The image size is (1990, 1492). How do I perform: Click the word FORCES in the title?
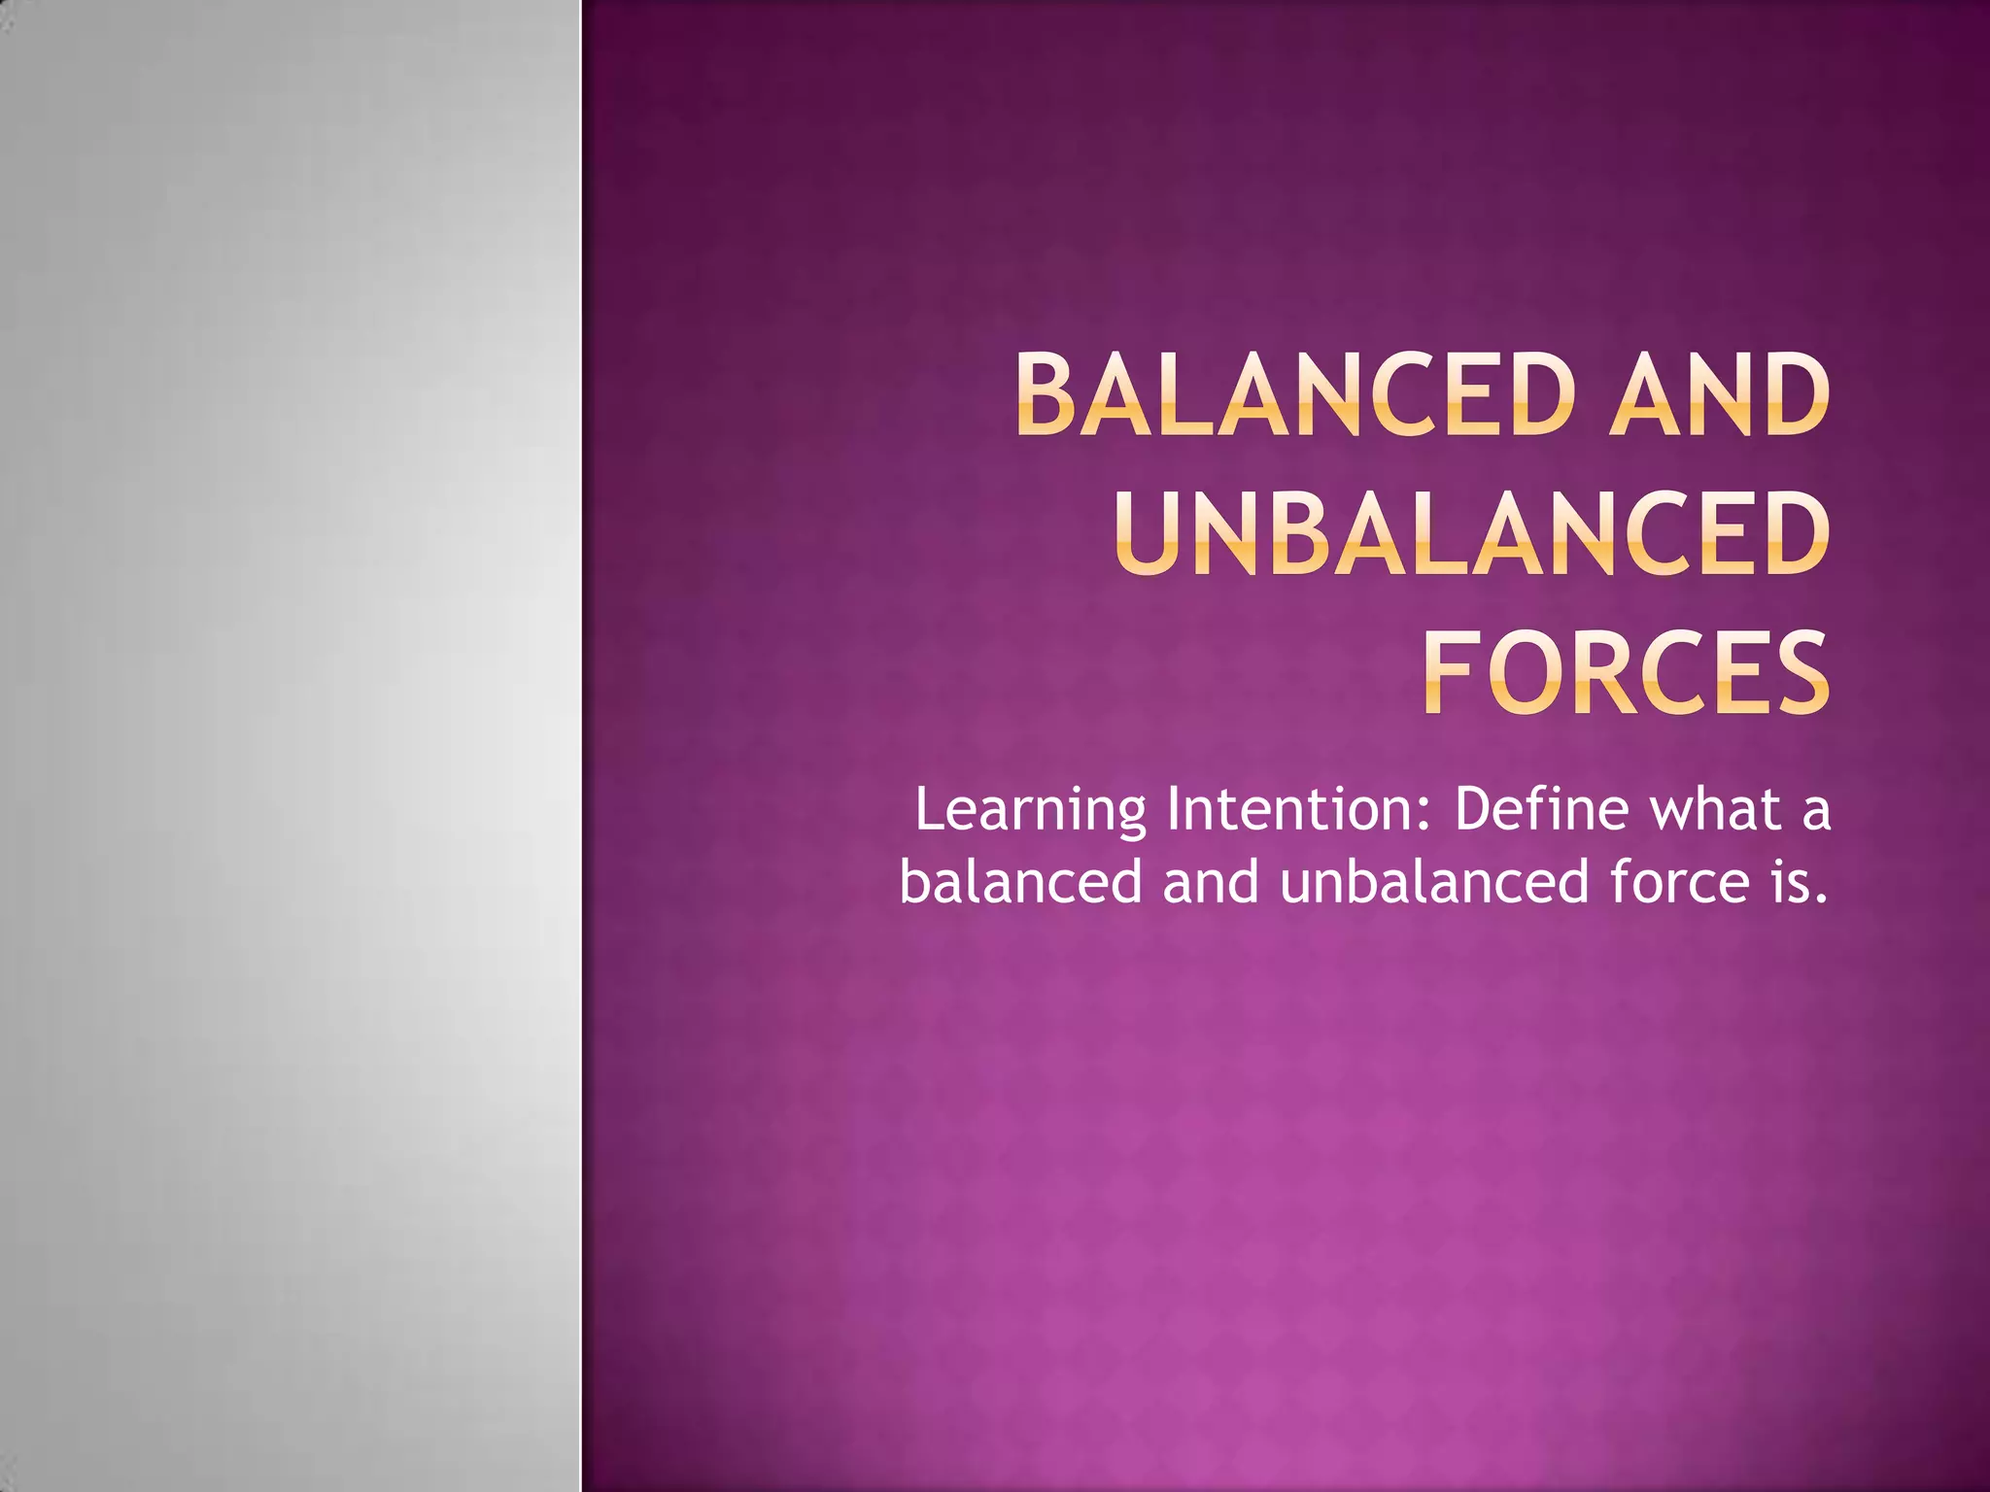pyautogui.click(x=1626, y=672)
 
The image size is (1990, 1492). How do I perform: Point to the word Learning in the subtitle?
pyautogui.click(x=1030, y=811)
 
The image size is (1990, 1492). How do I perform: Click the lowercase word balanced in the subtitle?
pyautogui.click(x=1019, y=882)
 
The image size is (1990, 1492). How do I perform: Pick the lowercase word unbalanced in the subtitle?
pyautogui.click(x=1434, y=882)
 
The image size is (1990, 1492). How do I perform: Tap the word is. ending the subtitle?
pyautogui.click(x=1800, y=882)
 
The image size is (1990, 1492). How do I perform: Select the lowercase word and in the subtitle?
pyautogui.click(x=1211, y=882)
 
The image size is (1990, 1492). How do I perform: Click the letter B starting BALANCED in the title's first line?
pyautogui.click(x=1049, y=395)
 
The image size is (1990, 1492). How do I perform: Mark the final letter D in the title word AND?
pyautogui.click(x=1796, y=395)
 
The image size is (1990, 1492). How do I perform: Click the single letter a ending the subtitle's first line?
pyautogui.click(x=1815, y=813)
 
